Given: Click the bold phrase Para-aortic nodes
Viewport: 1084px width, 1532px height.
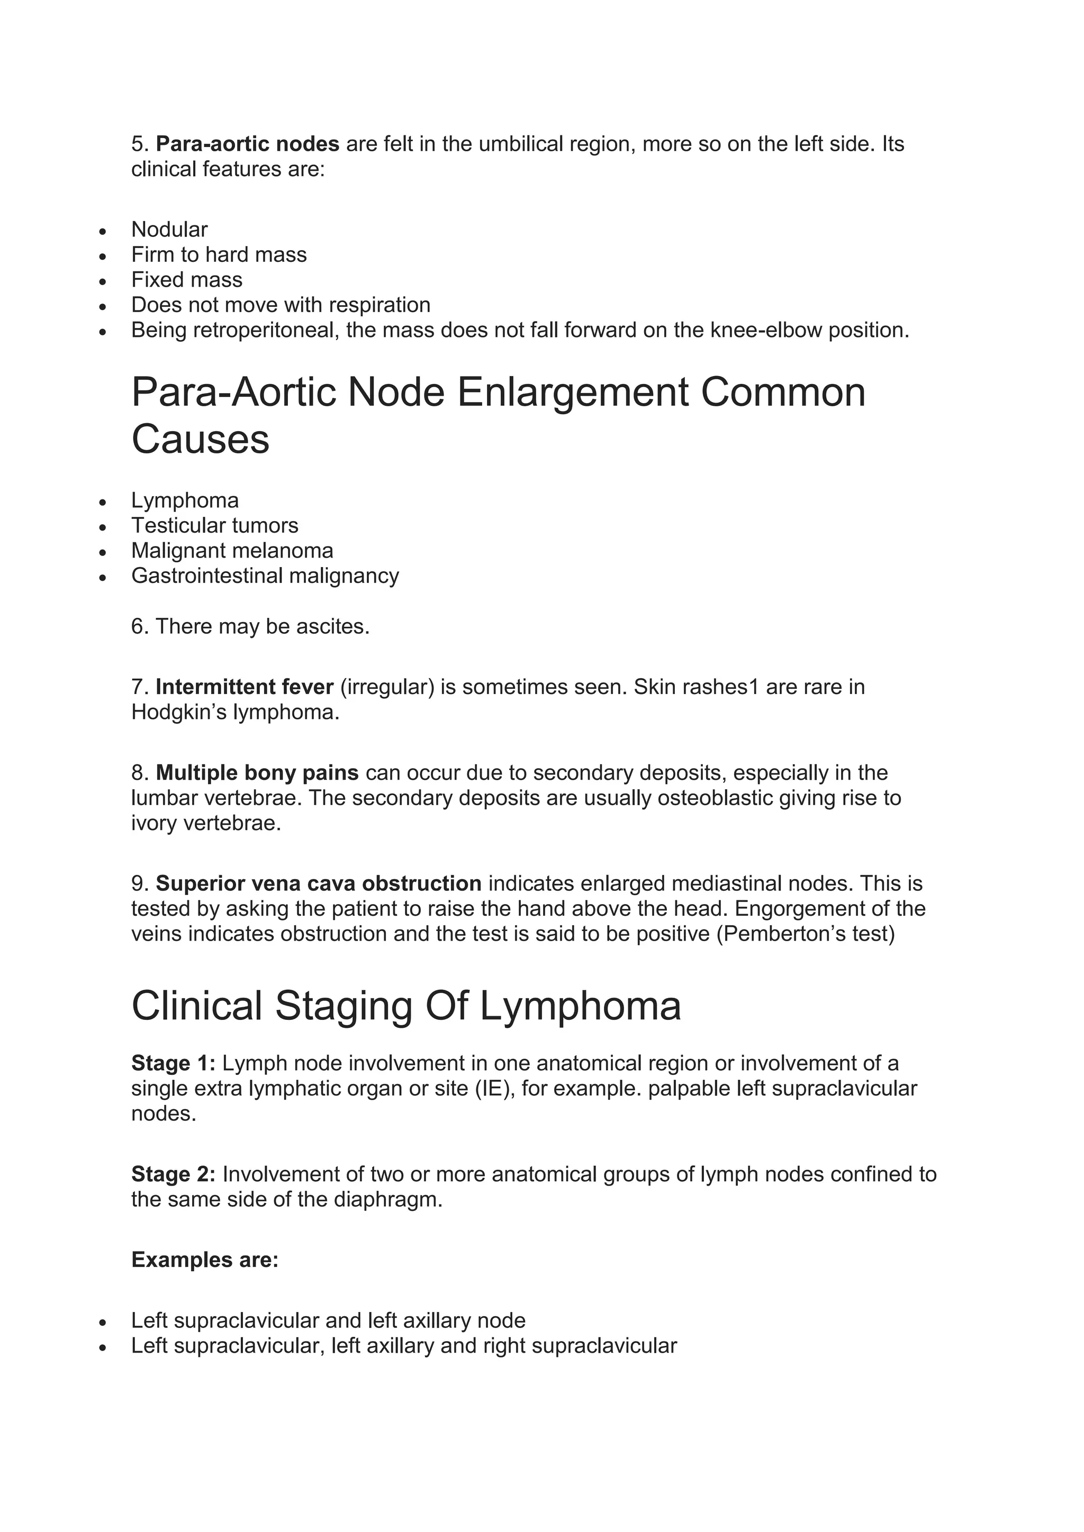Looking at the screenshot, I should click(247, 144).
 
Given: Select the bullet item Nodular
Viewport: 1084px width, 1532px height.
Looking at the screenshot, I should click(169, 230).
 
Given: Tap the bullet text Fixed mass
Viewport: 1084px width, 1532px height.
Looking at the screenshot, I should click(186, 279).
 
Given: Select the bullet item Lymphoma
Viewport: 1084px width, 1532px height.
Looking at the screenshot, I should click(185, 500).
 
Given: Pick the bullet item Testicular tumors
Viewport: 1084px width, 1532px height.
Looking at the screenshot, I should click(214, 526).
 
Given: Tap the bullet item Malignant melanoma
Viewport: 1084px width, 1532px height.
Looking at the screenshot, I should click(232, 551).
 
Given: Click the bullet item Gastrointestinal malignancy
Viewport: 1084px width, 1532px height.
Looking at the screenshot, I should click(265, 576).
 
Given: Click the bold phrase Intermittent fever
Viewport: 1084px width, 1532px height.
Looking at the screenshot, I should click(245, 687).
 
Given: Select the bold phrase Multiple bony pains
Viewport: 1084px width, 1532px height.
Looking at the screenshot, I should click(257, 773).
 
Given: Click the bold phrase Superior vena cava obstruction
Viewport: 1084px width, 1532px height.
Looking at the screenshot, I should click(319, 884).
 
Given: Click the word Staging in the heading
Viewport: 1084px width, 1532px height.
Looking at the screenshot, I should click(343, 1007).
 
